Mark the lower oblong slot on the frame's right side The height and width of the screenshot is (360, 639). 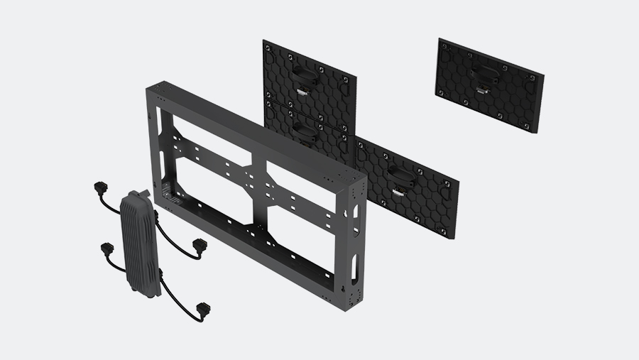[354, 266]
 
